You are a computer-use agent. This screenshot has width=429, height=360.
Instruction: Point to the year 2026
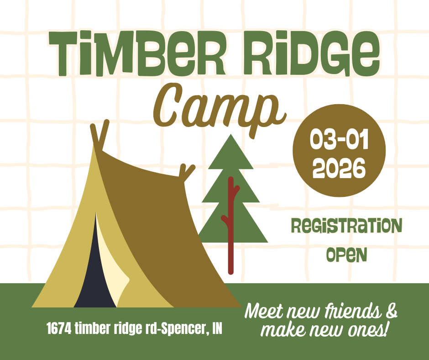click(339, 168)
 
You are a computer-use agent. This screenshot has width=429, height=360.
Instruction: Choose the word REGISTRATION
click(347, 226)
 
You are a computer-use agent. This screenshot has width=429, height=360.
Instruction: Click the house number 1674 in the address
click(59, 328)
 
